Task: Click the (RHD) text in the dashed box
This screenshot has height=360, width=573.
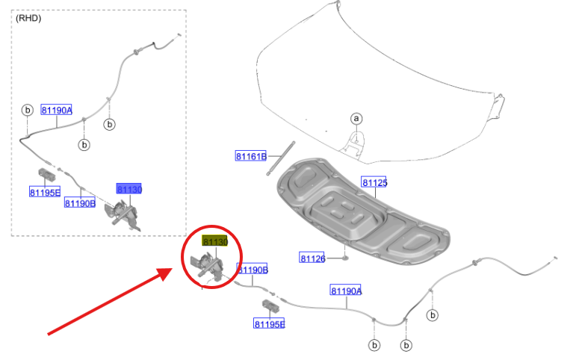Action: [28, 18]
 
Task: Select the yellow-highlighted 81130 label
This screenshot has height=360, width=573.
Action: [215, 241]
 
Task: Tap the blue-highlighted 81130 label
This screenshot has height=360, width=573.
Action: [129, 189]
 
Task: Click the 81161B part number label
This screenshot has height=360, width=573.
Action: [251, 156]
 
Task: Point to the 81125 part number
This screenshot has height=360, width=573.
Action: [374, 182]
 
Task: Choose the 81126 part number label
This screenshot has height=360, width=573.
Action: [312, 258]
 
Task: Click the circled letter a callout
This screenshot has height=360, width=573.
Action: [356, 119]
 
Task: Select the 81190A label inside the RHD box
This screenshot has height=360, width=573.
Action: [56, 110]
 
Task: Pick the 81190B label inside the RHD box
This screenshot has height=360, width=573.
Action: [80, 203]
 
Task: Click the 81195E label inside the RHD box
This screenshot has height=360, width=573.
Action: [45, 192]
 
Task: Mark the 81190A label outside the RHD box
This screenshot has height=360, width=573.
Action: [346, 291]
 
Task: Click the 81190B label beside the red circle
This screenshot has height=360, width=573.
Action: [253, 270]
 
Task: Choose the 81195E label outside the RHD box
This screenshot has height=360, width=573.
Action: [269, 324]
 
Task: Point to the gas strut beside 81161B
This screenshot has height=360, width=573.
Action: [280, 158]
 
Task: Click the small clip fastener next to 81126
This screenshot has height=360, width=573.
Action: [344, 258]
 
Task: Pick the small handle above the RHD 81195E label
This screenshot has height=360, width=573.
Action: [46, 174]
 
